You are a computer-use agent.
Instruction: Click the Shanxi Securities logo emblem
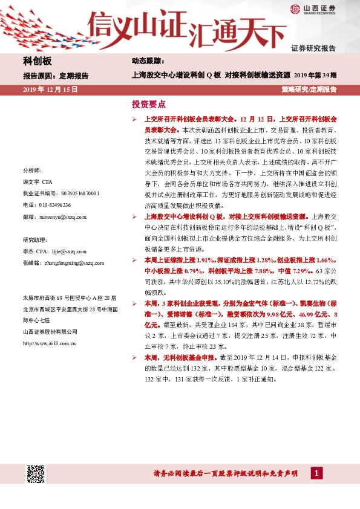tap(295, 8)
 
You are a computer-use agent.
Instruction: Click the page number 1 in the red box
tap(316, 473)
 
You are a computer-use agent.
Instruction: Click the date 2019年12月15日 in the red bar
tap(50, 89)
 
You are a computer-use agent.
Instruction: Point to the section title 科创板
tap(37, 62)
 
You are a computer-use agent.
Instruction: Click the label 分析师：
tap(32, 170)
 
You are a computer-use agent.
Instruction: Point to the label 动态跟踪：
tap(148, 62)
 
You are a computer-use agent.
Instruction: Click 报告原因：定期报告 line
tap(55, 76)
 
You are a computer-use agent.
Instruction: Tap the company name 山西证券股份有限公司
tap(50, 331)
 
